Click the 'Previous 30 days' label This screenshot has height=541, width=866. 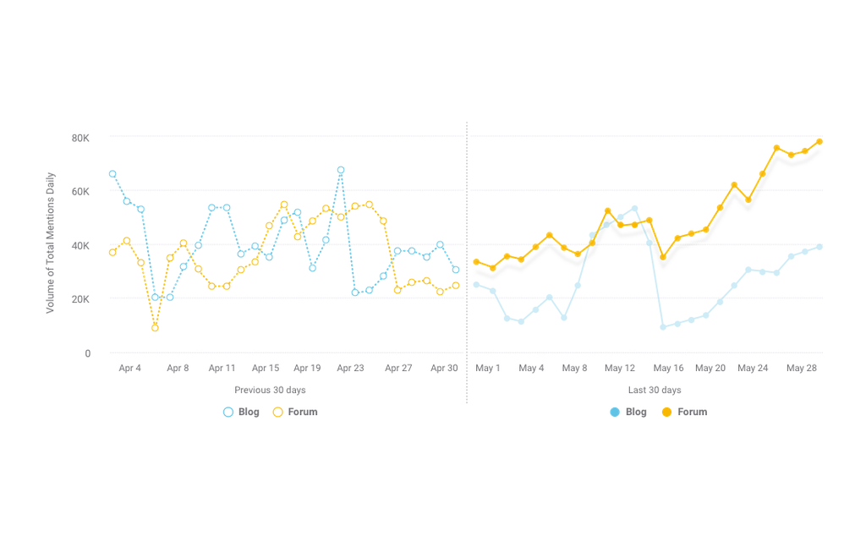pos(270,390)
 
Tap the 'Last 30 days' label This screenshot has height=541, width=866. pos(655,390)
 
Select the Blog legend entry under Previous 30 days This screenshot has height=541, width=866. pos(240,412)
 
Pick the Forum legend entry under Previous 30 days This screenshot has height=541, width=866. pos(294,412)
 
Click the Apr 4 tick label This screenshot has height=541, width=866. pos(130,368)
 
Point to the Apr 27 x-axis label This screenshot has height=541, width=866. pos(397,368)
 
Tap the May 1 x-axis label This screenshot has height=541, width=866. pos(488,368)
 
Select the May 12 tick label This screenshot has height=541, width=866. pos(620,368)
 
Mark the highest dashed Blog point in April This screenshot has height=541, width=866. pos(340,170)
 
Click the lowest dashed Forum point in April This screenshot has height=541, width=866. pos(155,328)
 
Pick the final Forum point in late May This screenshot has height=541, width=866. pos(819,142)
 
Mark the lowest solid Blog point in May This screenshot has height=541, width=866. pos(663,327)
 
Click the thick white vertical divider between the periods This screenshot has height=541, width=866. pos(466,262)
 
